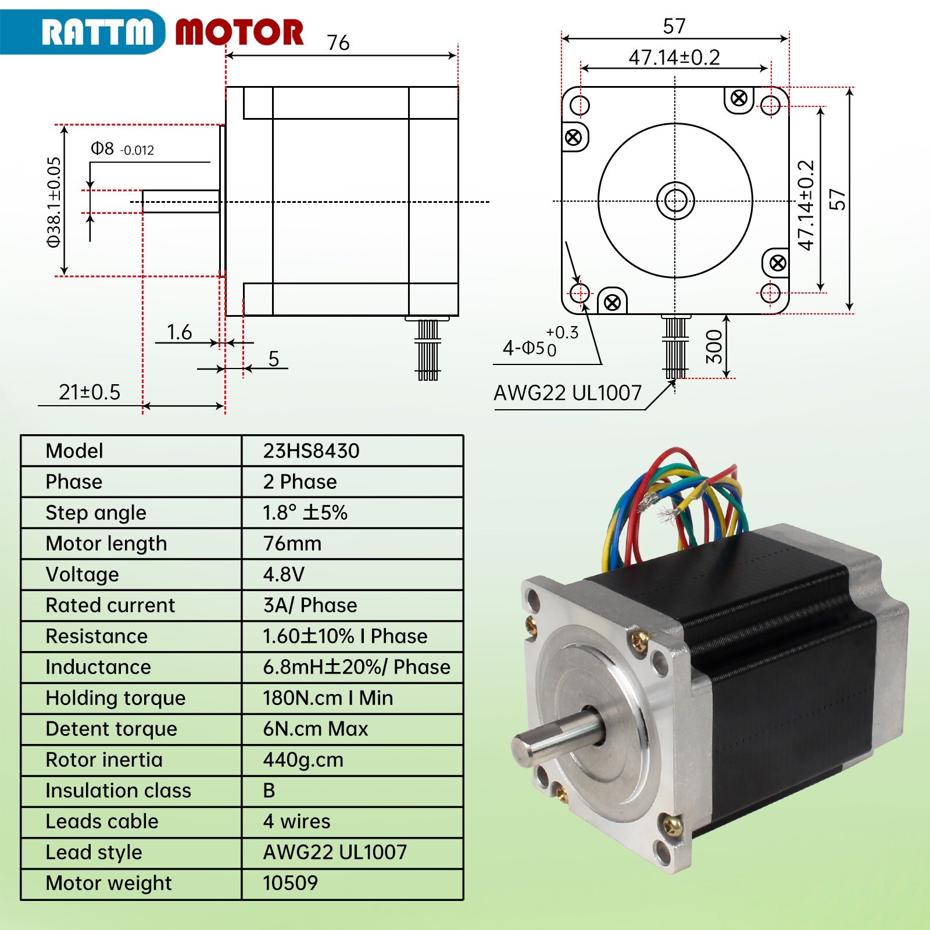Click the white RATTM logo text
pyautogui.click(x=97, y=31)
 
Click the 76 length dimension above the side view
pyautogui.click(x=338, y=43)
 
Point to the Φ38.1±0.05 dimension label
pyautogui.click(x=54, y=202)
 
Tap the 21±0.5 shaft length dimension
pyautogui.click(x=90, y=392)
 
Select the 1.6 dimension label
pyautogui.click(x=179, y=332)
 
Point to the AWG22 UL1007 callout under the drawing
pyautogui.click(x=567, y=394)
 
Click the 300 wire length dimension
pyautogui.click(x=714, y=346)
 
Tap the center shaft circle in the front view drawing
pyautogui.click(x=675, y=201)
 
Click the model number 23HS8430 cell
pyautogui.click(x=311, y=451)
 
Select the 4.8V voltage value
pyautogui.click(x=284, y=574)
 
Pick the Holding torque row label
pyautogui.click(x=116, y=698)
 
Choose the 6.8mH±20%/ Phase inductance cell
pyautogui.click(x=356, y=667)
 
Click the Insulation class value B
pyautogui.click(x=269, y=791)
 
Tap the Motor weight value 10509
pyautogui.click(x=290, y=883)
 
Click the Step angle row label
pyautogui.click(x=96, y=513)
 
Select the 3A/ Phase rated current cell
pyautogui.click(x=310, y=605)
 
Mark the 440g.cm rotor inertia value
pyautogui.click(x=303, y=760)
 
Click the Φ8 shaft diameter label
pyautogui.click(x=122, y=149)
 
